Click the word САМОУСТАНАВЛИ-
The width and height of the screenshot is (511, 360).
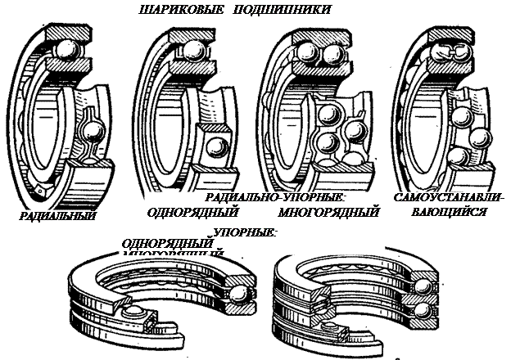[x=450, y=197]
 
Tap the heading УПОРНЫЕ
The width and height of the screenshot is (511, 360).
[x=246, y=232]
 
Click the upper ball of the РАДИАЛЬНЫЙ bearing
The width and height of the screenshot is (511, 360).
[x=65, y=55]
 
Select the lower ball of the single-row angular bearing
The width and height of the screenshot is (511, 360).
[x=217, y=149]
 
